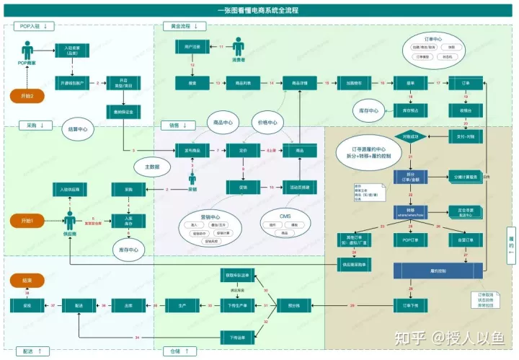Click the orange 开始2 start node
tap(27, 96)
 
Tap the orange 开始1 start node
tap(27, 219)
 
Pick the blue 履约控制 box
tap(436, 271)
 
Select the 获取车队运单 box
tap(238, 275)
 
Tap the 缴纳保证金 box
tap(123, 112)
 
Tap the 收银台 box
tap(466, 110)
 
